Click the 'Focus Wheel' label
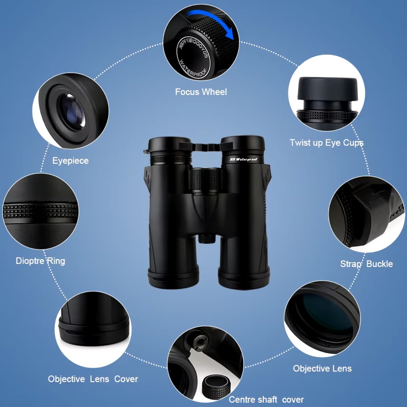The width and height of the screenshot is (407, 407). [201, 92]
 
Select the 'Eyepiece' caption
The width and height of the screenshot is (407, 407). [70, 161]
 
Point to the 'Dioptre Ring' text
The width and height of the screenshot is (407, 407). [40, 261]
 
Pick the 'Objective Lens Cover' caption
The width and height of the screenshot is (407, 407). [93, 379]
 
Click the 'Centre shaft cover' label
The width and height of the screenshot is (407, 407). [266, 400]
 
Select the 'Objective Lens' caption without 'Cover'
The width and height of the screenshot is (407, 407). [322, 368]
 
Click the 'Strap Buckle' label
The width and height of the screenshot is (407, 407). [366, 264]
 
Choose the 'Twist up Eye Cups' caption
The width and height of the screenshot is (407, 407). [326, 143]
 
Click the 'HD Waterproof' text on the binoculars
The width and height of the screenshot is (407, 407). [244, 159]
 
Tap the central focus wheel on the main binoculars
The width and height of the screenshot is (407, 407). [205, 180]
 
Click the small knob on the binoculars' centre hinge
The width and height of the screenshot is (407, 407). [206, 239]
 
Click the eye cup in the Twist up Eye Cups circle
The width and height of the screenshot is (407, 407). [327, 90]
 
